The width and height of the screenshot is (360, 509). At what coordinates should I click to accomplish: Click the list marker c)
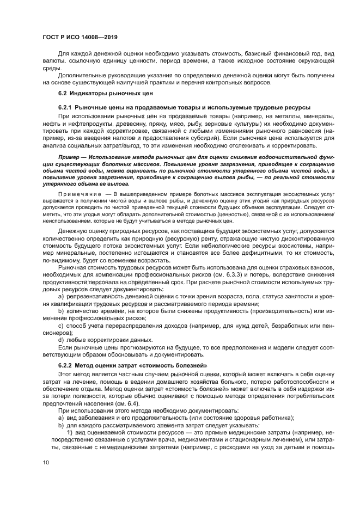point(61,326)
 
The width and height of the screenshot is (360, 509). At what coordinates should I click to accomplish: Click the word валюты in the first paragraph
point(53,63)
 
